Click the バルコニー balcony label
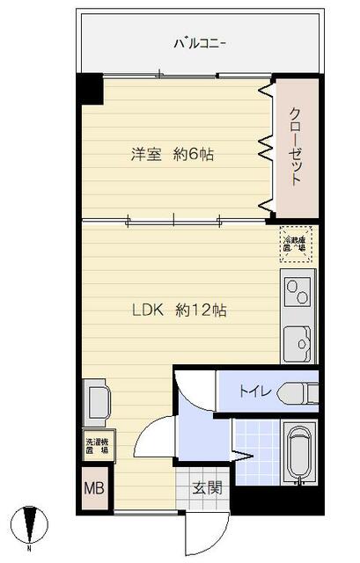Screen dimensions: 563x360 pyautogui.click(x=200, y=41)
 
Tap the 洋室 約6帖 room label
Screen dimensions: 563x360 pyautogui.click(x=173, y=155)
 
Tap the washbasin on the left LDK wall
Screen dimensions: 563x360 pyautogui.click(x=95, y=401)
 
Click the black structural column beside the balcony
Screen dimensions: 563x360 pyautogui.click(x=91, y=88)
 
